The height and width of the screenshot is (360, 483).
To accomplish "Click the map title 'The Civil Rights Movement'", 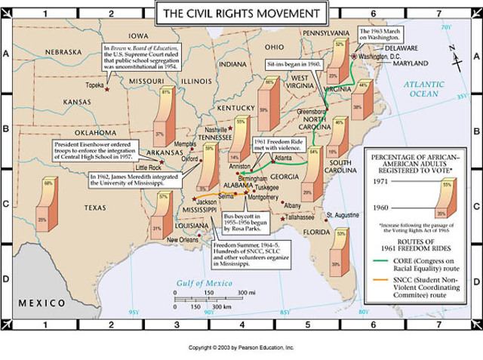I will coord(241,13).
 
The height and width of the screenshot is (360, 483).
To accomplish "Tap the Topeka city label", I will coord(95,85).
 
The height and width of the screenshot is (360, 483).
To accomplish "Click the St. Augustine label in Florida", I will coord(343,215).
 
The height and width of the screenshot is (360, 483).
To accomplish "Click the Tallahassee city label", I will coord(299,217).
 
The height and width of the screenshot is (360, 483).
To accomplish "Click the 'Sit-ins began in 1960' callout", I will coord(297,65).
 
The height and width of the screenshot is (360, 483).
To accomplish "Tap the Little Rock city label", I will coord(148,167).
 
